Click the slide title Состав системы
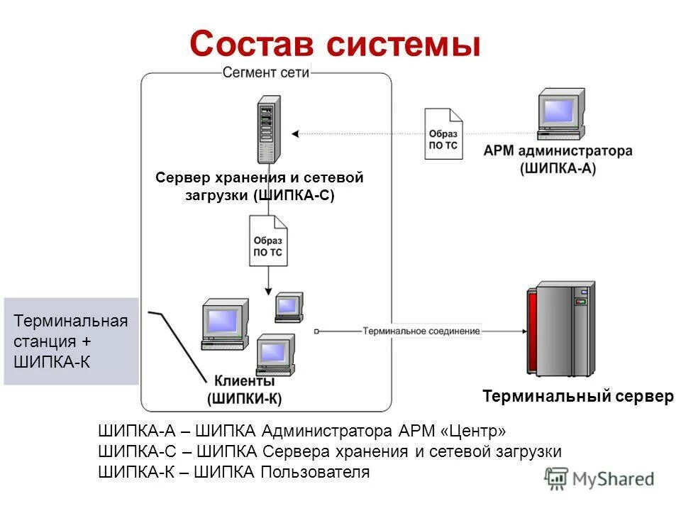pyautogui.click(x=335, y=44)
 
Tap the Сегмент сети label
pyautogui.click(x=266, y=72)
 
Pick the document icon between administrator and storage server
pyautogui.click(x=443, y=133)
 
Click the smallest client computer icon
pyautogui.click(x=289, y=307)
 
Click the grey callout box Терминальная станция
pyautogui.click(x=71, y=341)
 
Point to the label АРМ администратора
pyautogui.click(x=558, y=151)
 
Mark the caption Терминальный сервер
pyautogui.click(x=577, y=397)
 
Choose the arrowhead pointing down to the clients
pyautogui.click(x=268, y=290)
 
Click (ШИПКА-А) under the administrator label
pyautogui.click(x=558, y=168)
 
